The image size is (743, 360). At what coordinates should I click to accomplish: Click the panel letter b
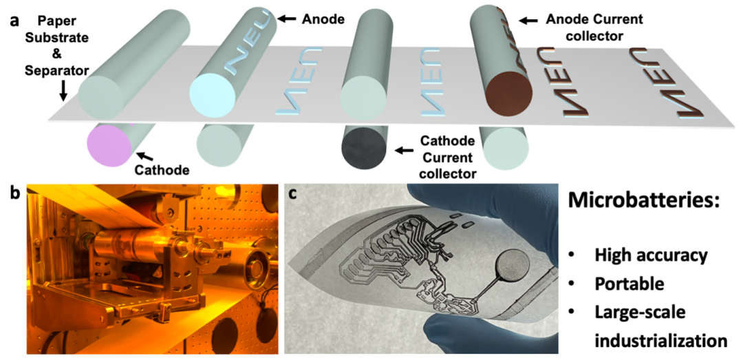pos(12,193)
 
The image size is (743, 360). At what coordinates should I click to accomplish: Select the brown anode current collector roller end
pos(510,93)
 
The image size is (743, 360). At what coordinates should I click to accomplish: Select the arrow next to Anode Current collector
pos(528,21)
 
